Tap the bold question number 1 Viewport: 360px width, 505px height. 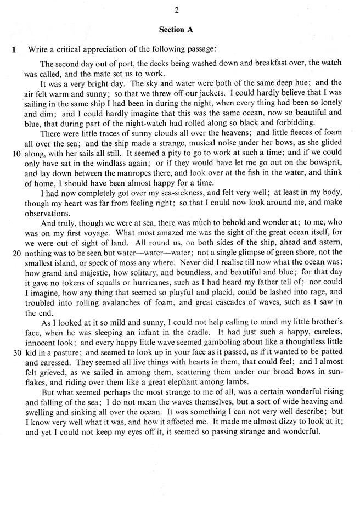click(x=13, y=49)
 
